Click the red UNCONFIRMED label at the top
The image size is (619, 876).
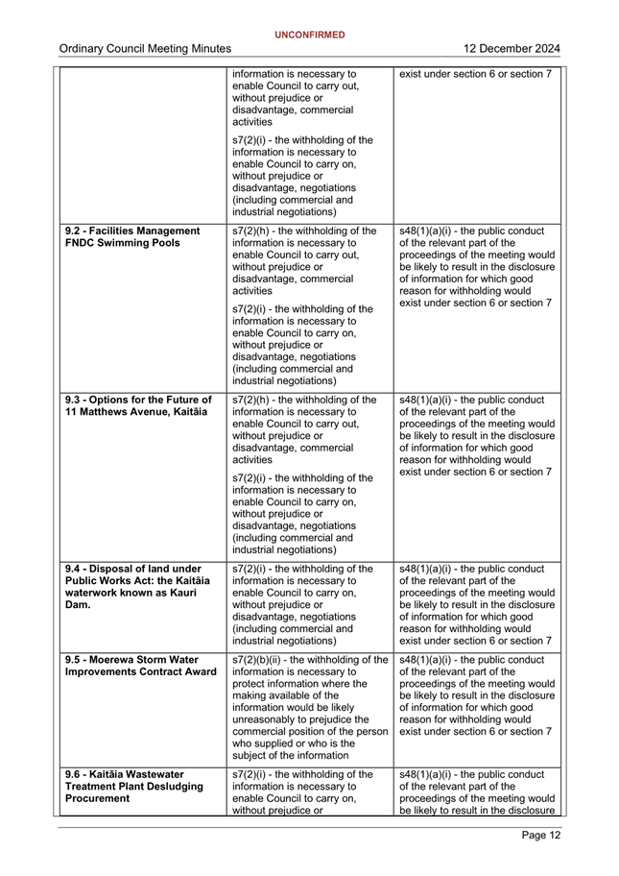(309, 35)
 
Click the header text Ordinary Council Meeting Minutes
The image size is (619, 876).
(144, 49)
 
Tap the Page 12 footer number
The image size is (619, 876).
(541, 835)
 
